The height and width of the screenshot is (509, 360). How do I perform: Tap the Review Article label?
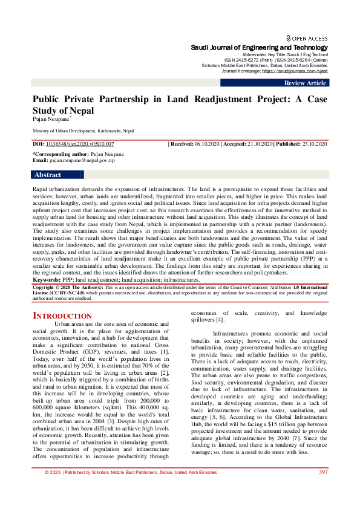click(x=305, y=83)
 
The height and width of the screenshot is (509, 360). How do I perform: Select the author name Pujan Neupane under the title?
click(x=50, y=120)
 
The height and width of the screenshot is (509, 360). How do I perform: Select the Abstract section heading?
click(x=48, y=175)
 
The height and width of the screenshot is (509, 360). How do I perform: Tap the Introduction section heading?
click(x=62, y=316)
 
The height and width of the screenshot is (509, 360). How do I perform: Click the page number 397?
click(x=323, y=488)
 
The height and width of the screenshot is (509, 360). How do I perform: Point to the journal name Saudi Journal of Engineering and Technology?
click(x=259, y=47)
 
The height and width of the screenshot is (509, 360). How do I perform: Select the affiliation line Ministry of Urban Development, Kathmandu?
click(x=83, y=131)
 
